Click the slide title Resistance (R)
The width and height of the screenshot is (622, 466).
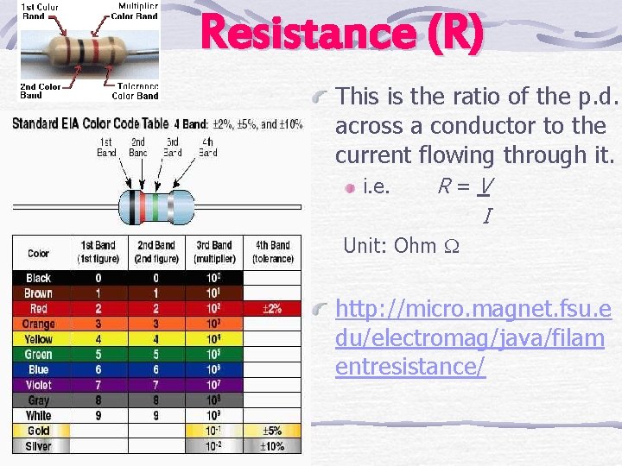pyautogui.click(x=341, y=35)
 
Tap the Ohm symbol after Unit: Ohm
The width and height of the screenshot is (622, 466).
pyautogui.click(x=451, y=246)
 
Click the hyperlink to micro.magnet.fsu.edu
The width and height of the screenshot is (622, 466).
pyautogui.click(x=473, y=338)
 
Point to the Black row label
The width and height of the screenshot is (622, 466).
pyautogui.click(x=39, y=278)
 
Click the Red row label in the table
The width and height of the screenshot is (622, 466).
pyautogui.click(x=39, y=308)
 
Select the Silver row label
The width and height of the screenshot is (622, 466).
pyautogui.click(x=39, y=446)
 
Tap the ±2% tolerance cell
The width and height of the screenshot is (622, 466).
pyautogui.click(x=271, y=308)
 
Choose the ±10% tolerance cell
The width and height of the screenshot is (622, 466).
pyautogui.click(x=271, y=446)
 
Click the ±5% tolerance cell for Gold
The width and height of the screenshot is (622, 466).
pyautogui.click(x=271, y=431)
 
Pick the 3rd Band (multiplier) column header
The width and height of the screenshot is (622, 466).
pyautogui.click(x=213, y=252)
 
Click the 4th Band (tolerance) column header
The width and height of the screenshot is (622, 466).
pyautogui.click(x=272, y=252)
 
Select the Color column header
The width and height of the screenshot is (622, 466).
pyautogui.click(x=39, y=253)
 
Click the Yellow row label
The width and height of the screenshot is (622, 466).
pyautogui.click(x=39, y=339)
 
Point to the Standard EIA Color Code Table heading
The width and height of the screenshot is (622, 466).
pyautogui.click(x=90, y=123)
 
